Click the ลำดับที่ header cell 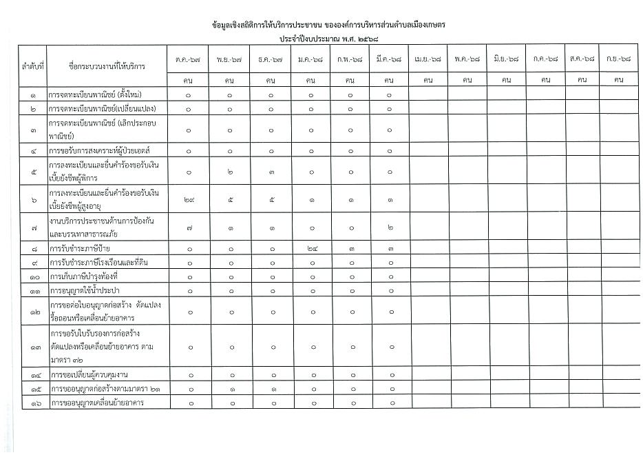32,67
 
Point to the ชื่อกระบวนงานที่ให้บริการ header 107,67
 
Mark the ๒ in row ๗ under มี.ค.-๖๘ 390,227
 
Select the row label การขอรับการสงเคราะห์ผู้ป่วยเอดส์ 99,150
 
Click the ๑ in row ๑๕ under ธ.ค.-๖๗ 271,389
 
